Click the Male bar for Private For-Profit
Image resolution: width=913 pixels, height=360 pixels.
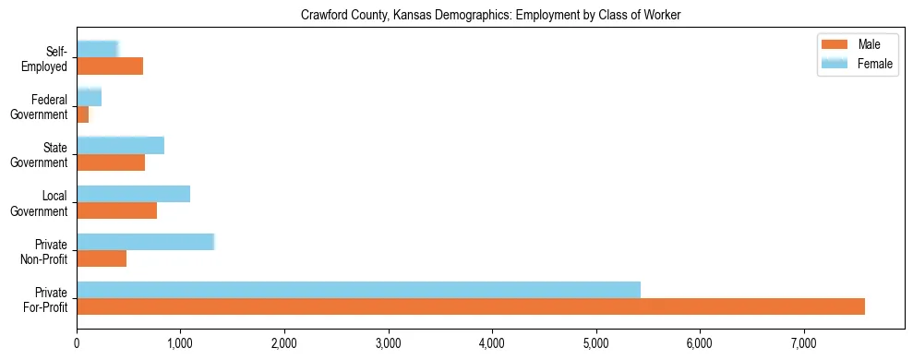point(471,306)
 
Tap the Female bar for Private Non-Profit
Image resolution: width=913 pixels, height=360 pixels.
point(145,242)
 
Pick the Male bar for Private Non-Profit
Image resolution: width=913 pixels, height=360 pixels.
point(102,258)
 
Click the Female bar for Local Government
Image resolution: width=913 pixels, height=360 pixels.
point(133,194)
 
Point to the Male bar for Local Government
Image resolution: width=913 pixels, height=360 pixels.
point(116,210)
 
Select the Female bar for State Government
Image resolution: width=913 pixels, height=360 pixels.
point(120,146)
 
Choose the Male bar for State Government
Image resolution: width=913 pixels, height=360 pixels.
point(111,162)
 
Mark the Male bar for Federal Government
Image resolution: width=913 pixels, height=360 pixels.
point(82,114)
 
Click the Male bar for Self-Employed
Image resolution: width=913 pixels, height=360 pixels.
point(110,66)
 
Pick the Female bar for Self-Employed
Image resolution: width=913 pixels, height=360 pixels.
point(97,49)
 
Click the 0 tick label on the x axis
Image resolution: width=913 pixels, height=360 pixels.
point(77,342)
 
